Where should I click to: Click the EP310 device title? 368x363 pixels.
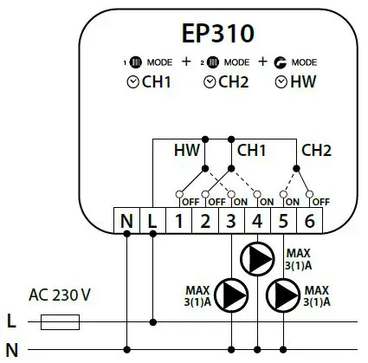(218, 34)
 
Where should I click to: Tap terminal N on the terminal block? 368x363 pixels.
(127, 220)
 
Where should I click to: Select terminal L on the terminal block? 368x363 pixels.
(153, 220)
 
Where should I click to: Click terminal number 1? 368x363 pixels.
(179, 220)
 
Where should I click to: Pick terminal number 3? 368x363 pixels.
(232, 220)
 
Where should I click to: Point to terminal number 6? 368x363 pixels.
(310, 220)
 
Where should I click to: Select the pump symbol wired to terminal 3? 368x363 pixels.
(231, 293)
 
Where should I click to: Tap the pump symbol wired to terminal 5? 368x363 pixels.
(284, 293)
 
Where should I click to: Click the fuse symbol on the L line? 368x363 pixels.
(61, 322)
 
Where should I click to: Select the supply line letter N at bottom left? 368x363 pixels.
(11, 349)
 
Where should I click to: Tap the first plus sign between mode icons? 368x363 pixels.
(185, 62)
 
